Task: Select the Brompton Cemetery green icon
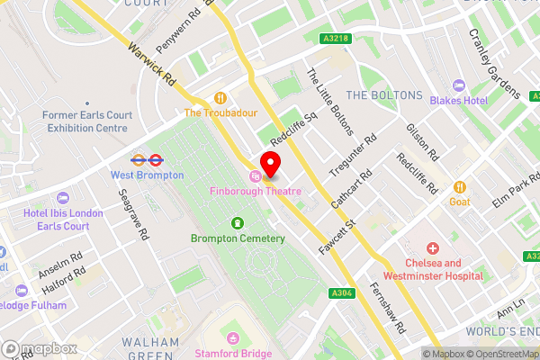pos(237,222)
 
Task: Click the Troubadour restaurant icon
pos(220,97)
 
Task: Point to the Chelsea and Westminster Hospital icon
pos(433,247)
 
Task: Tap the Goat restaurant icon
pos(460,186)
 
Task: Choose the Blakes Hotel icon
pos(459,85)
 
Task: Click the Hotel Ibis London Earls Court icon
pos(62,198)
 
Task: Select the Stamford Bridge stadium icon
pos(234,338)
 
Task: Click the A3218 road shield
pos(333,38)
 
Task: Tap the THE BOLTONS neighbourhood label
pos(384,94)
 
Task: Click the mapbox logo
pos(39,348)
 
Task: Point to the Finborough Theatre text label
pos(256,191)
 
